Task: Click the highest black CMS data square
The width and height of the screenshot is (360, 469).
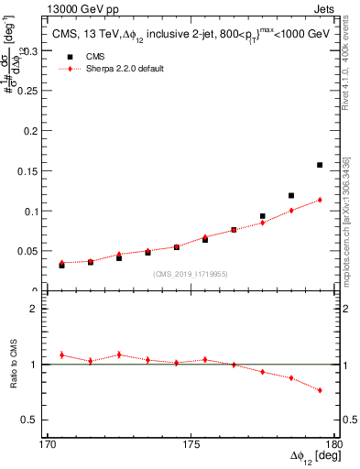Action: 320,165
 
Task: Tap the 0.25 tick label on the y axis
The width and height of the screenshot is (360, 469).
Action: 29,92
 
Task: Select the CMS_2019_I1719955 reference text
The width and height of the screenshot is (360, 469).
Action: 190,274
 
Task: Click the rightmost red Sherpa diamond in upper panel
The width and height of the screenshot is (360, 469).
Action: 320,200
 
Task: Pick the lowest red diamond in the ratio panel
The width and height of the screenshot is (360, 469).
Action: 320,390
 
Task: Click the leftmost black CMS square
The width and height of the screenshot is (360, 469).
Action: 61,265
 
